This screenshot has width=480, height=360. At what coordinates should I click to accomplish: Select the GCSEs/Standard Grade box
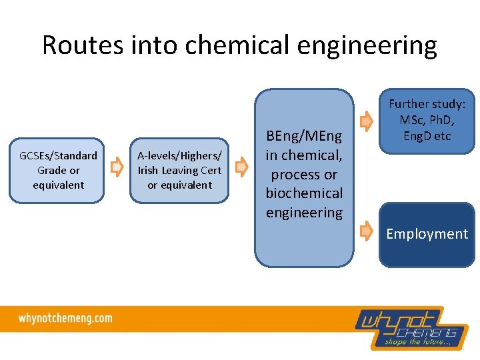57,170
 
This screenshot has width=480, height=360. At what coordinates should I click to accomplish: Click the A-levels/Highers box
179,170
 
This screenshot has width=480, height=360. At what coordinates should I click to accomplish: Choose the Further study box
427,121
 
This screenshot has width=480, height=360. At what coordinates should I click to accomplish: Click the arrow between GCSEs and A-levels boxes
117,169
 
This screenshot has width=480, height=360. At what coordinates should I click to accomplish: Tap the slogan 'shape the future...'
417,343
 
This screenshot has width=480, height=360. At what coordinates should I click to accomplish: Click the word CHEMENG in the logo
427,332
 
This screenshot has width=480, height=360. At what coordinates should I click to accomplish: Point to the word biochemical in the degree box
304,193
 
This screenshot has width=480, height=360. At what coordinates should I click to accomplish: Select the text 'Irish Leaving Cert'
179,170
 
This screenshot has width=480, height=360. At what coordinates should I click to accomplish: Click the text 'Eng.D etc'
427,136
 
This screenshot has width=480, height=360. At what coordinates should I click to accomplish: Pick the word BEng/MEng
304,137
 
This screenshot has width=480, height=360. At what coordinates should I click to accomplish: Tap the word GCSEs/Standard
58,155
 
